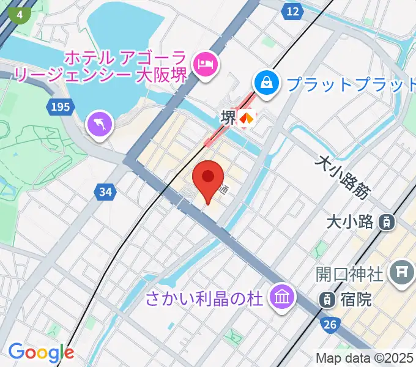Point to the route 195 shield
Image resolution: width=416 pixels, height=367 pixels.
(x=60, y=107)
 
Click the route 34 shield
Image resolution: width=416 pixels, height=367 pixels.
(x=105, y=192)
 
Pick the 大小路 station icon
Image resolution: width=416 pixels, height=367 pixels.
(x=387, y=221)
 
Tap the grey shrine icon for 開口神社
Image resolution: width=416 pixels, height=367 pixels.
(x=402, y=269)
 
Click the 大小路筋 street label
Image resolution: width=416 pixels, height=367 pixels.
(x=343, y=177)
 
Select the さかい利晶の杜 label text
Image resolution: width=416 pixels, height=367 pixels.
(x=204, y=300)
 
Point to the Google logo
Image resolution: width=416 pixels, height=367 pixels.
(x=40, y=352)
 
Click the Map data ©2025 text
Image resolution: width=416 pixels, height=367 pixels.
(x=365, y=358)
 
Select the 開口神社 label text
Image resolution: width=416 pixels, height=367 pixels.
(x=350, y=273)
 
